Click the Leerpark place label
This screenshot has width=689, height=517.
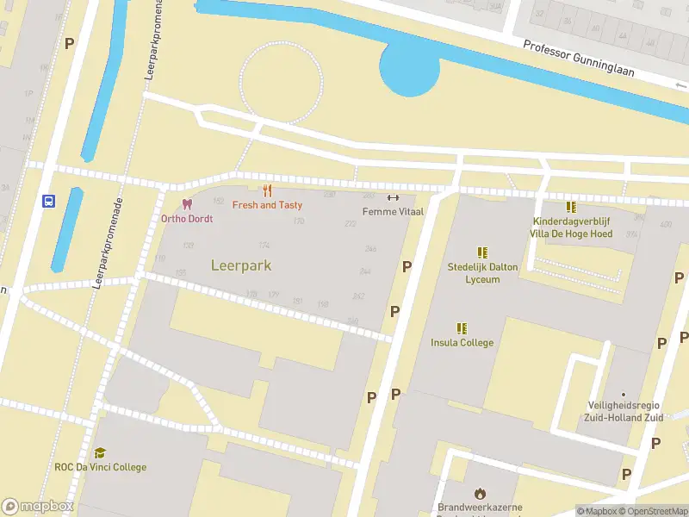click(241, 265)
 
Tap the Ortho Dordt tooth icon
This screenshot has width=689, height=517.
click(187, 204)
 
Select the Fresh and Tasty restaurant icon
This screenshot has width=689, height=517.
click(267, 190)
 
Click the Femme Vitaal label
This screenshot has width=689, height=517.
click(393, 211)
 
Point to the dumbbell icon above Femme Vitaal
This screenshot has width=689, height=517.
click(393, 196)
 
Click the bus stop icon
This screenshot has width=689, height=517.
click(48, 202)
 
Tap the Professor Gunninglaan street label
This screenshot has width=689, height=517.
click(579, 59)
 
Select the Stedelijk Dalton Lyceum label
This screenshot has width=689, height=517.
click(482, 273)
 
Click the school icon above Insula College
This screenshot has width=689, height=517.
click(462, 328)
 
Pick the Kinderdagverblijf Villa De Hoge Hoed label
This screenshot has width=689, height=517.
click(572, 227)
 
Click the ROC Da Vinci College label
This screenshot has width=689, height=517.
click(100, 467)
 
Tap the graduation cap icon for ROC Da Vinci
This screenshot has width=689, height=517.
click(100, 452)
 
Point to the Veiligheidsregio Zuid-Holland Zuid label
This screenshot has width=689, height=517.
click(623, 412)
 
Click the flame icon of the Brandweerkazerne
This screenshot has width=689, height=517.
click(480, 493)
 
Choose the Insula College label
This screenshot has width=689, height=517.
click(462, 343)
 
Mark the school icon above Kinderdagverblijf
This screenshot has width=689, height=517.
click(571, 207)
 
